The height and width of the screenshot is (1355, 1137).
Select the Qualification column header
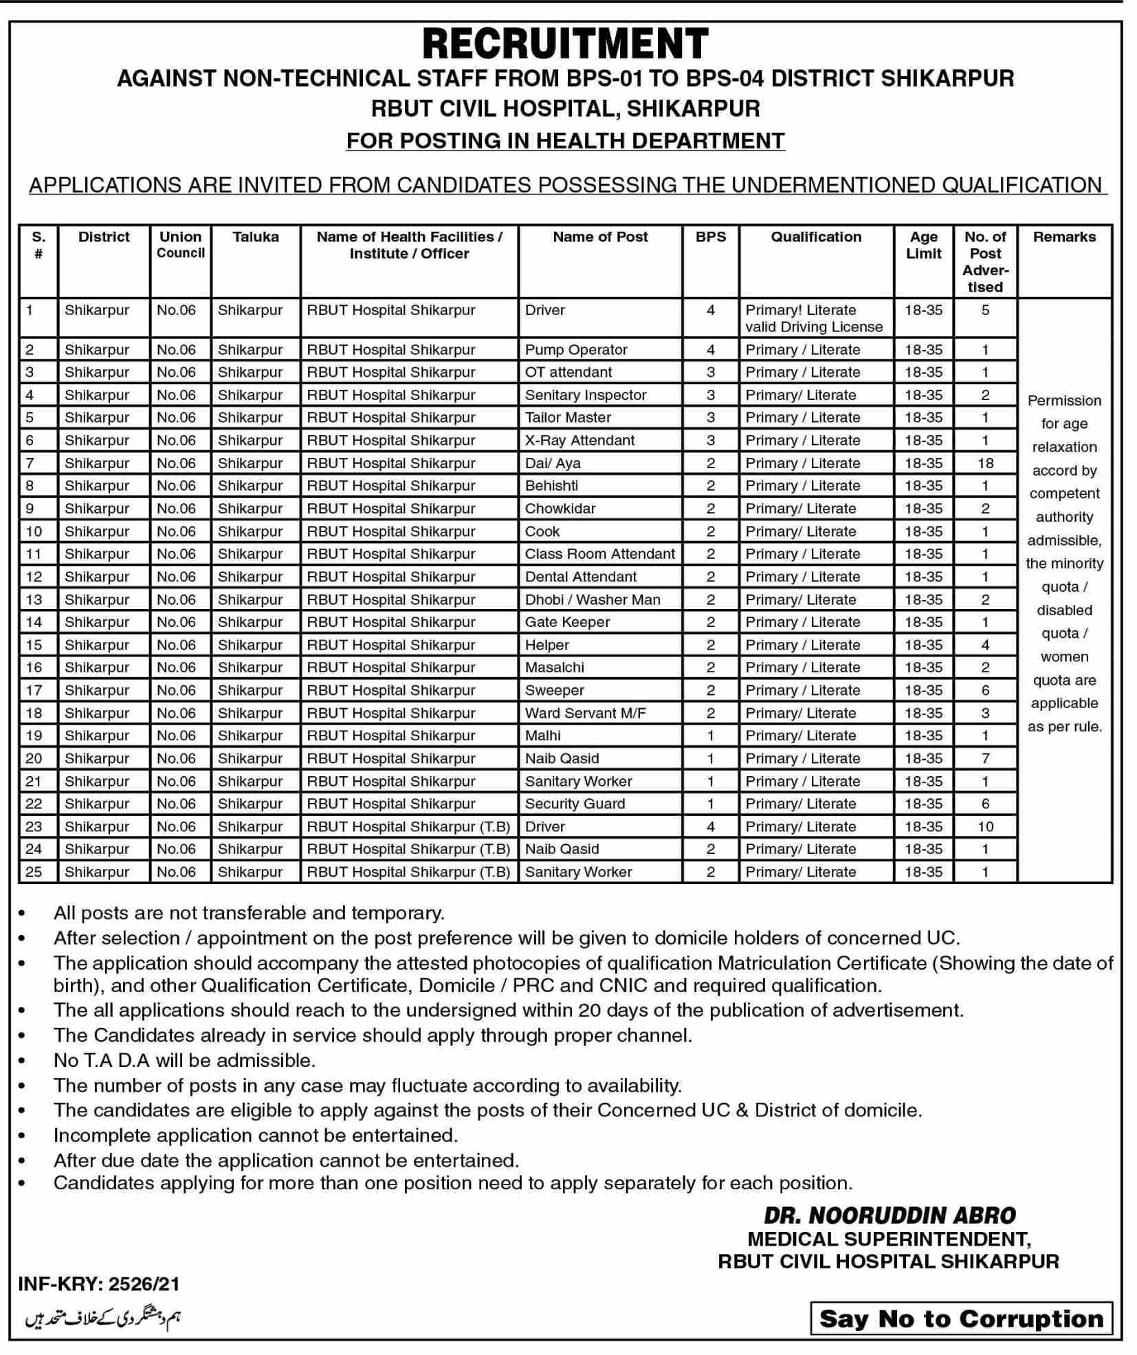click(815, 237)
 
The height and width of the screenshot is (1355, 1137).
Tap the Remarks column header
click(1063, 237)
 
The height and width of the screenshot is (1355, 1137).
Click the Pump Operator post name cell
click(576, 350)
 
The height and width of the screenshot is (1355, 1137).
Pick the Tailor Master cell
click(568, 417)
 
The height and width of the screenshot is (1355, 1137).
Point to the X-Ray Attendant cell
click(579, 440)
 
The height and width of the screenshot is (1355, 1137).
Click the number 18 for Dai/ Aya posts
click(985, 463)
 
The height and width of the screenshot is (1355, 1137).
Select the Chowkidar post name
click(560, 509)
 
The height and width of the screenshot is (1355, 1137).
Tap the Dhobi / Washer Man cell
click(593, 599)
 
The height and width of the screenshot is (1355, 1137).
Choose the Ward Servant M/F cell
click(585, 714)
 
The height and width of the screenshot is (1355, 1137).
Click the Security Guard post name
click(575, 804)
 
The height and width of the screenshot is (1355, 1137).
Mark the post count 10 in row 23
click(985, 826)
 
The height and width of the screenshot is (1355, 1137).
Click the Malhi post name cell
click(543, 736)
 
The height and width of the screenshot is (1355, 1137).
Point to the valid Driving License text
click(814, 327)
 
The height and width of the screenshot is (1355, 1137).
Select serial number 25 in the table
click(34, 872)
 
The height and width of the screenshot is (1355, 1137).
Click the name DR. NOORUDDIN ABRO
click(890, 1215)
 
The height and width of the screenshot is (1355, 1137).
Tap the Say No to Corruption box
click(961, 1319)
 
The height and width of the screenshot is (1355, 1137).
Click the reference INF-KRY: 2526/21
click(99, 1284)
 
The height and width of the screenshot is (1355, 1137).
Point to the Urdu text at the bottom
click(103, 1317)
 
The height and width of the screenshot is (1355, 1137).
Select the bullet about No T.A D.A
click(184, 1060)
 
